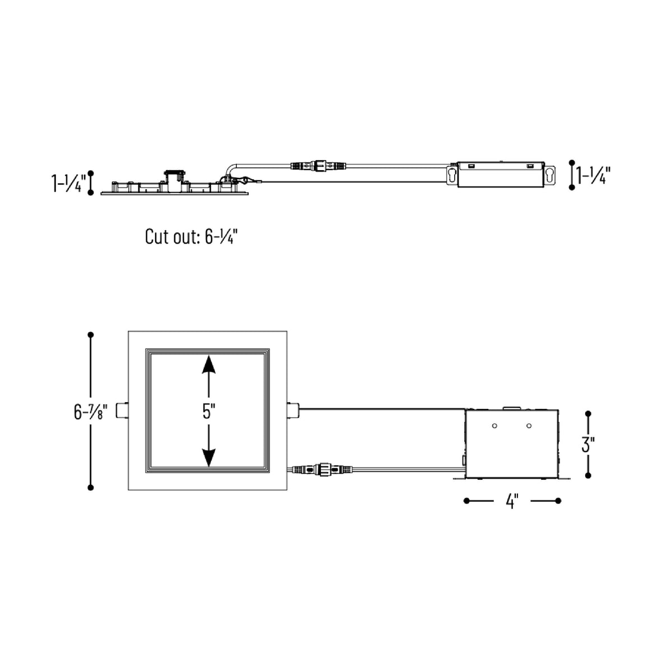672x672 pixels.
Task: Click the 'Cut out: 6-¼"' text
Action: (192, 236)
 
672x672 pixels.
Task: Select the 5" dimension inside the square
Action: (208, 412)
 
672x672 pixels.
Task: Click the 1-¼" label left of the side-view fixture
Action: (68, 183)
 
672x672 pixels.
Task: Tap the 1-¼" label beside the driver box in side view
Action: (593, 175)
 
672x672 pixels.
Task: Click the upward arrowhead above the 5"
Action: (208, 365)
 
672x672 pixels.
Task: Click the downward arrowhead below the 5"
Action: (208, 458)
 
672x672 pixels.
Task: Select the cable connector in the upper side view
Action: (319, 165)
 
